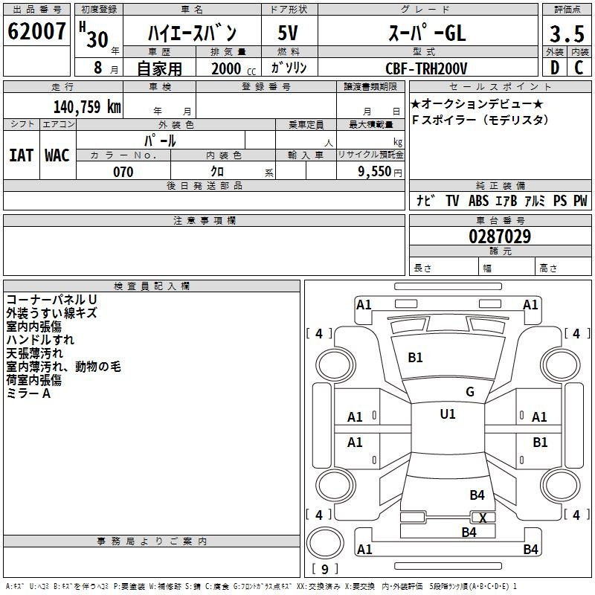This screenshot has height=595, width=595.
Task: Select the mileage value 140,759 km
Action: point(88,106)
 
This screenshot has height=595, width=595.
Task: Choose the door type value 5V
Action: point(289,33)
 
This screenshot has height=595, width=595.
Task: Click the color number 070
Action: point(123,172)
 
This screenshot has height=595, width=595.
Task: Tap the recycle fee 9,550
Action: point(376,172)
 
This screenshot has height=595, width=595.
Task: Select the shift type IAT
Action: point(21,155)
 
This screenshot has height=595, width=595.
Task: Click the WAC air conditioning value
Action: point(57,155)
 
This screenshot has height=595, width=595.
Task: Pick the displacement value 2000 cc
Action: point(231,68)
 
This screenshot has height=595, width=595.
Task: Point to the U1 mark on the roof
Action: point(448,414)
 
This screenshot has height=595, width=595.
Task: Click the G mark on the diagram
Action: point(470,392)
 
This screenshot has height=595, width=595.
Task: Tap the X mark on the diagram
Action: point(483,518)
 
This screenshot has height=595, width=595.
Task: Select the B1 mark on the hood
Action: point(415,358)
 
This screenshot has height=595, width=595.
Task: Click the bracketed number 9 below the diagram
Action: point(324,570)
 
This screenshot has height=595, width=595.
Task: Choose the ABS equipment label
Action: point(478,201)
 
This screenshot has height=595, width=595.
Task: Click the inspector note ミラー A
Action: point(28,393)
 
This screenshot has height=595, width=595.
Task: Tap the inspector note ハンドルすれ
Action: point(40,340)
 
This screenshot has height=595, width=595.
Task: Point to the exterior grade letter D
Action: point(554,68)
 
